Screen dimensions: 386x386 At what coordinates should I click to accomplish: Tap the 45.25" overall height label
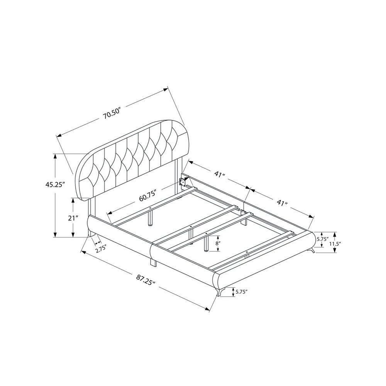point(55,185)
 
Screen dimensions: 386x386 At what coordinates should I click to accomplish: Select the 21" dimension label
point(73,218)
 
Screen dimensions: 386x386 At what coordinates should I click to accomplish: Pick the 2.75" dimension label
point(101,249)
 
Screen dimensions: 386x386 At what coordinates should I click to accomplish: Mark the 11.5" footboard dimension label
point(335,244)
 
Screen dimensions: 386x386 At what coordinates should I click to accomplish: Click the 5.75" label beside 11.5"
point(323,239)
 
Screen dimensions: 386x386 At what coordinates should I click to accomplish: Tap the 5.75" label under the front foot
point(241,292)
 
